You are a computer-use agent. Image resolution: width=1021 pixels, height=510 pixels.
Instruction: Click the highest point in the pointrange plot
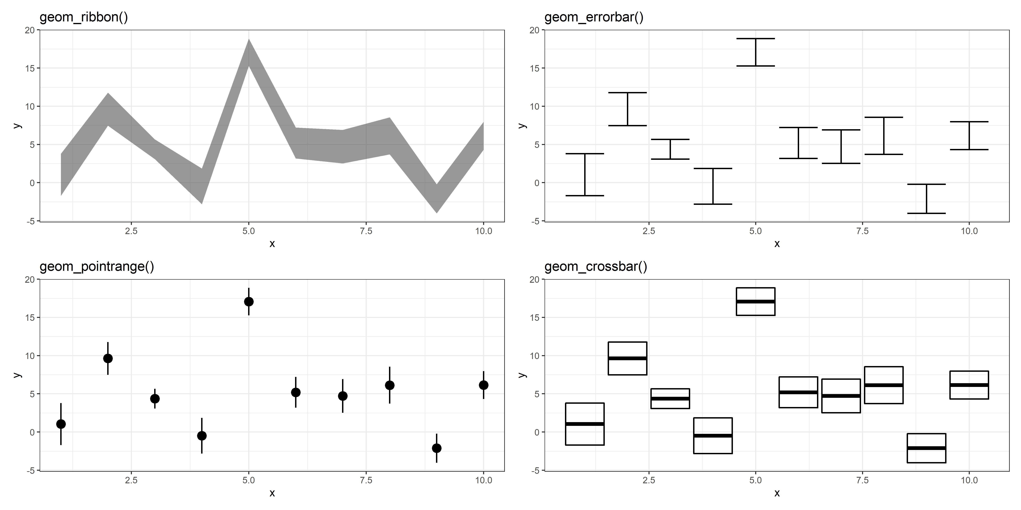point(248,302)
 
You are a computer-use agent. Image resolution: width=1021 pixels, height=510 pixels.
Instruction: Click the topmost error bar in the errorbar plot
point(755,52)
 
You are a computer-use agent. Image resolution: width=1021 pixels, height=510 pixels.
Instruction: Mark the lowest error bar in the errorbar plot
point(926,199)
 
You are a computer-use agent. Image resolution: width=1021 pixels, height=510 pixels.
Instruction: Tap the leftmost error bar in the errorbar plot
point(585,175)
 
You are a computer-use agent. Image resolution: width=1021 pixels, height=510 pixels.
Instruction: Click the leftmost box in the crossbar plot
point(585,424)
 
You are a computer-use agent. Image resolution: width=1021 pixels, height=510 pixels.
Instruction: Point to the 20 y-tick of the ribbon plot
point(30,30)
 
